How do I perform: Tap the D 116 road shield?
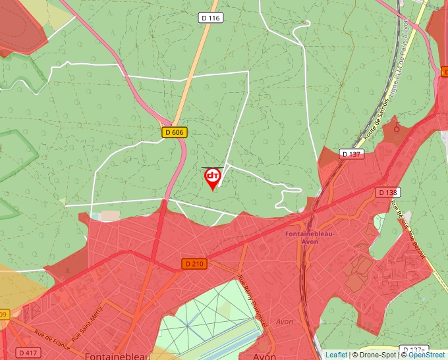pyautogui.click(x=210, y=18)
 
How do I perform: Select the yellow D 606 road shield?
pyautogui.click(x=175, y=132)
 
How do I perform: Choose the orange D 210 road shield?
pyautogui.click(x=195, y=263)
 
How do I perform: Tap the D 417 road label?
pyautogui.click(x=28, y=353)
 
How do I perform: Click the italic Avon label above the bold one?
pyautogui.click(x=285, y=322)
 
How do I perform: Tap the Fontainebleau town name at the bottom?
pyautogui.click(x=116, y=355)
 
